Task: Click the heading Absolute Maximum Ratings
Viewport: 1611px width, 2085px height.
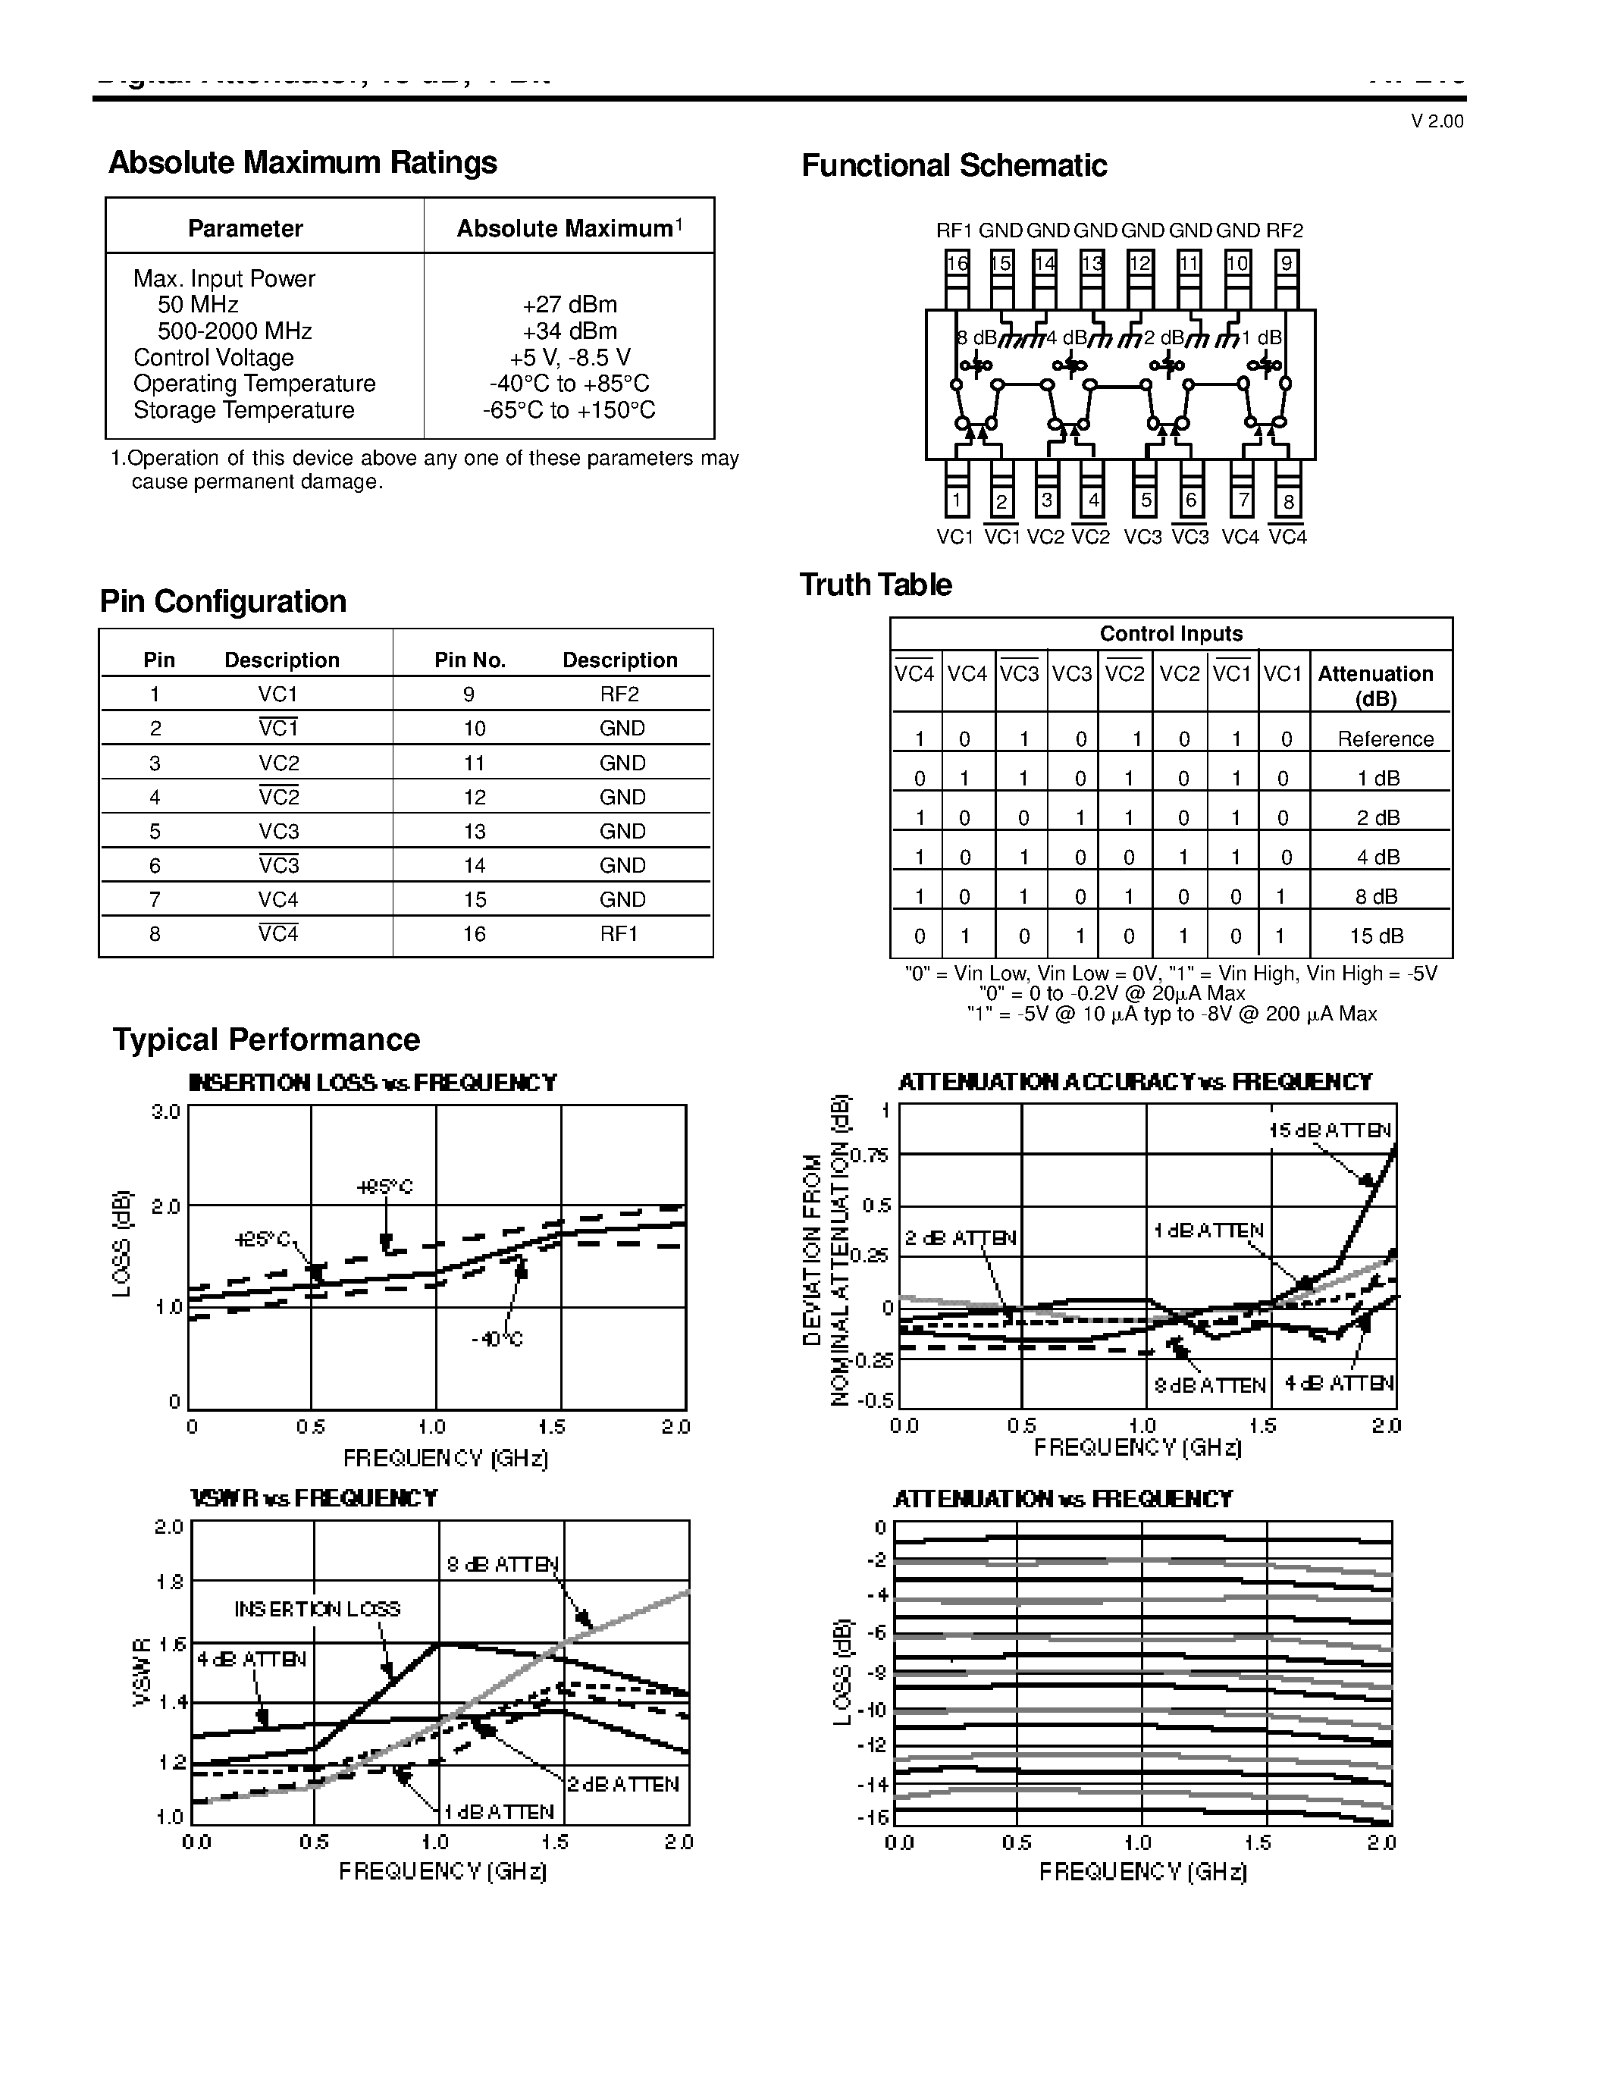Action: point(302,162)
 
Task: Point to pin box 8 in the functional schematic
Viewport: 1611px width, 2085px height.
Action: point(1287,500)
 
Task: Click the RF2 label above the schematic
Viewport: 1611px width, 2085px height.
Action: point(1283,230)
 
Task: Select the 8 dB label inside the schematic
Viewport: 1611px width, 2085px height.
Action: point(976,338)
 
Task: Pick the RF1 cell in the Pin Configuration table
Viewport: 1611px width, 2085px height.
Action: point(619,933)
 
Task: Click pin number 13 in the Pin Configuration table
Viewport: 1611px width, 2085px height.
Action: point(475,832)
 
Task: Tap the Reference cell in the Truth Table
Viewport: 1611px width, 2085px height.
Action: point(1385,739)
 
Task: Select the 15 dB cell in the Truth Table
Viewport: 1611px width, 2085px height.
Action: point(1376,936)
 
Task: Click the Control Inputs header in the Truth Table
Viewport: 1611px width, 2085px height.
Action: point(1171,634)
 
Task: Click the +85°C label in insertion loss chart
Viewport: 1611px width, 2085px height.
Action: point(384,1187)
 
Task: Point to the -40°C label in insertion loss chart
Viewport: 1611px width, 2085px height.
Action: point(497,1340)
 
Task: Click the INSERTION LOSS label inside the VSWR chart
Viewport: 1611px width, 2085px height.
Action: point(317,1610)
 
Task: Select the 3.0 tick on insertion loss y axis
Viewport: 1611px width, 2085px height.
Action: point(165,1112)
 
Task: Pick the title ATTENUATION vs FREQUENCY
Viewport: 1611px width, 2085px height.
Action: point(1062,1499)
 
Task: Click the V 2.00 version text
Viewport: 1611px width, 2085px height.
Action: point(1437,121)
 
